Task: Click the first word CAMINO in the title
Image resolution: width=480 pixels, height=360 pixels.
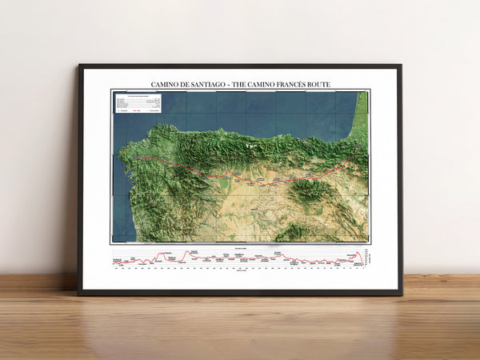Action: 165,84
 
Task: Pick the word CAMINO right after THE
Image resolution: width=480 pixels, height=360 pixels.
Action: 265,84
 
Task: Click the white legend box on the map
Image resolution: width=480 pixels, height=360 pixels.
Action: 138,104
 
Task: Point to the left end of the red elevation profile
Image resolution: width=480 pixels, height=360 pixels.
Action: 114,262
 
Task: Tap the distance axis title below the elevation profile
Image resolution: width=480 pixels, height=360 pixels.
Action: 240,270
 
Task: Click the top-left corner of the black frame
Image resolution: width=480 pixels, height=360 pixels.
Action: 79,66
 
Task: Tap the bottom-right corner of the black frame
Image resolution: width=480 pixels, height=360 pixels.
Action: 402,294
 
